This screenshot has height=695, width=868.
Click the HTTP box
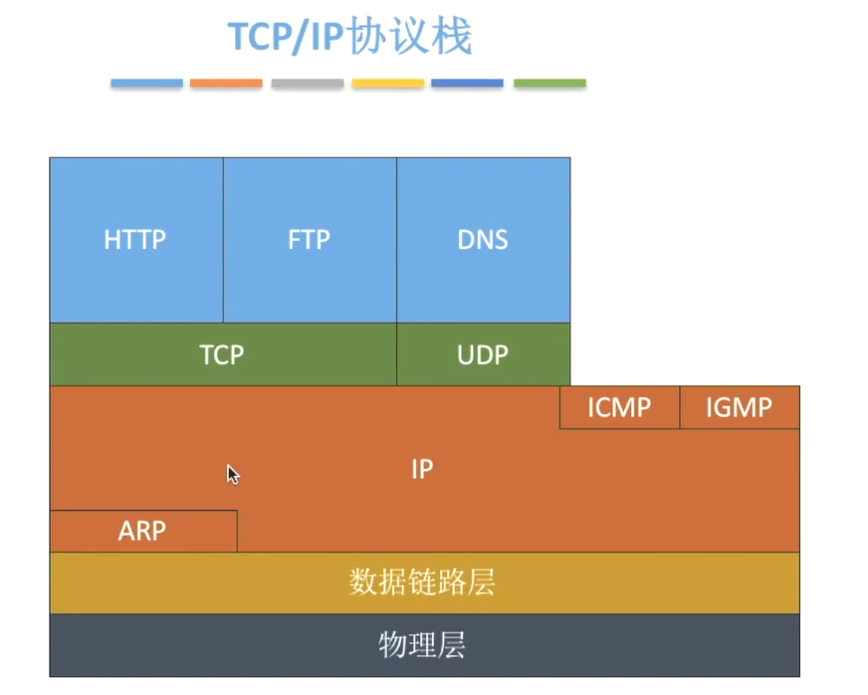tap(135, 240)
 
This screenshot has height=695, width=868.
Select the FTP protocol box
tap(309, 240)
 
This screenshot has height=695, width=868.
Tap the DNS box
tap(483, 240)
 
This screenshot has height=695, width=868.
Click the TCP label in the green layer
tap(221, 354)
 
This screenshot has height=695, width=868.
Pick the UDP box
tap(483, 354)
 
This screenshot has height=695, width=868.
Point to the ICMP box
tap(619, 407)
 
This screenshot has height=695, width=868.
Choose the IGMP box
tap(739, 407)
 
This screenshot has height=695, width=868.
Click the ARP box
tap(142, 531)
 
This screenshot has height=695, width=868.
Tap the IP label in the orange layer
tap(422, 469)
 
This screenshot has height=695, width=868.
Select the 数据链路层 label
tap(422, 582)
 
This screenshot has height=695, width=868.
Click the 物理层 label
tap(422, 645)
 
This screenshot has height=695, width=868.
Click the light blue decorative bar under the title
tap(146, 84)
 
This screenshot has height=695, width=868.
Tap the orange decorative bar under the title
tap(226, 84)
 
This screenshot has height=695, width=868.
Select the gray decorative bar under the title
tap(307, 84)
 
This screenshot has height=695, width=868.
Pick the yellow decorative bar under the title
tap(387, 84)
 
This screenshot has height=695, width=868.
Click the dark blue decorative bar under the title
tap(467, 84)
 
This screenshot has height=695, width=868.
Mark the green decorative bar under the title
tap(549, 84)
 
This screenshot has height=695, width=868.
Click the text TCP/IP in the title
tap(286, 37)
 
